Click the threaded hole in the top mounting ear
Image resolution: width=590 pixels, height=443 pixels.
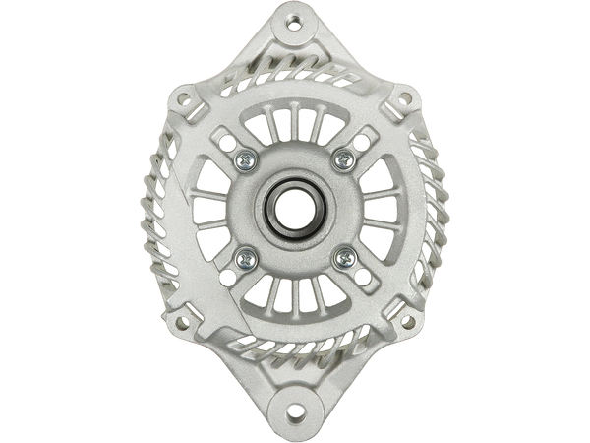[295, 20]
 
